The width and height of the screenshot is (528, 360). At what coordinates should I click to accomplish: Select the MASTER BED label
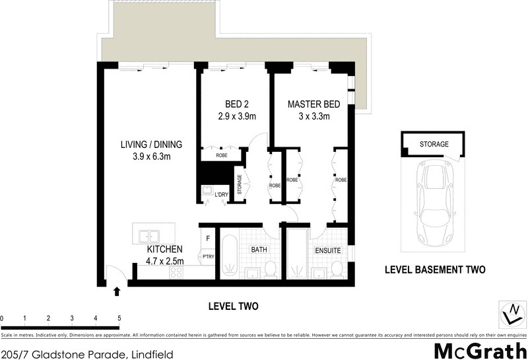[313, 105]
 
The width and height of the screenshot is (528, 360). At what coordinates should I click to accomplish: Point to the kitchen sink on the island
[148, 234]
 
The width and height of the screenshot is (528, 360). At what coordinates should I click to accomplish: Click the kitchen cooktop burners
[177, 273]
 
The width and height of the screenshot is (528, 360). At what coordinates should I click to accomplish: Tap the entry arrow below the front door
[118, 290]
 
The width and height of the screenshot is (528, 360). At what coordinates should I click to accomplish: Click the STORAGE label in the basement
[434, 144]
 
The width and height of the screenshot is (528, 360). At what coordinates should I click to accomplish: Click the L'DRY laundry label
[221, 194]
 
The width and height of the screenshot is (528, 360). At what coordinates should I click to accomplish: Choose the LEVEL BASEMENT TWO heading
[436, 270]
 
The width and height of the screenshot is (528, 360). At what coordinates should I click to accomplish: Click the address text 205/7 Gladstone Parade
[87, 355]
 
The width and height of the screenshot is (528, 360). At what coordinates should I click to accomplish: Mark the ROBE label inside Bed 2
[222, 156]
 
